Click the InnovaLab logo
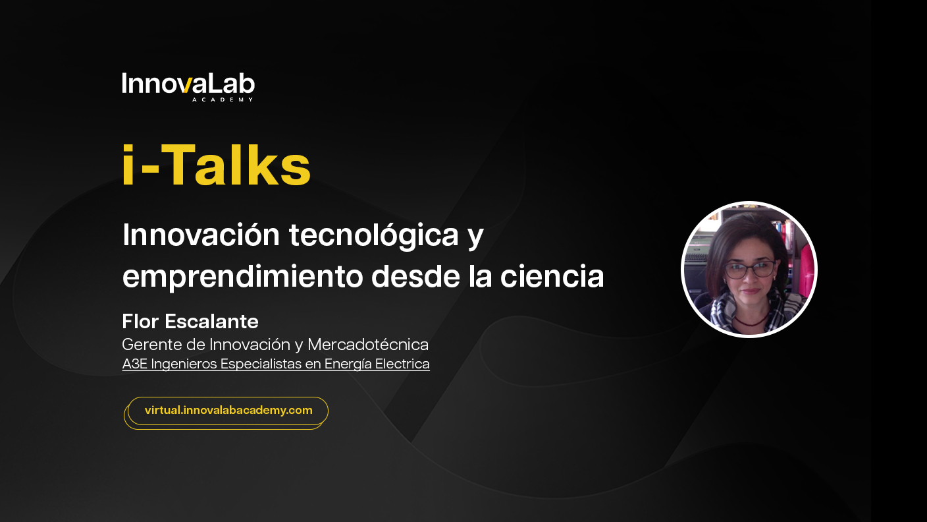(188, 87)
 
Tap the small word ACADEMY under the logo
(223, 100)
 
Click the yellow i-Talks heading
(216, 165)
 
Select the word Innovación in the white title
(201, 235)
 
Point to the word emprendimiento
(242, 276)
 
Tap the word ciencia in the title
(552, 276)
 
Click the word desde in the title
(415, 276)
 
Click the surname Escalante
(211, 322)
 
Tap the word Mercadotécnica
(368, 345)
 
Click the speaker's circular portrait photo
(749, 270)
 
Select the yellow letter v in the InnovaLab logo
(186, 86)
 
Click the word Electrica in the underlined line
(402, 364)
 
